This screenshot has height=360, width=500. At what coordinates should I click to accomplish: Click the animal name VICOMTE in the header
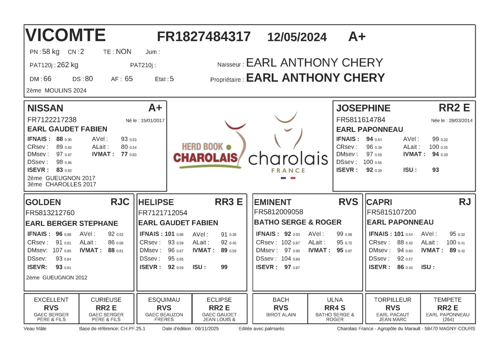pos(66,36)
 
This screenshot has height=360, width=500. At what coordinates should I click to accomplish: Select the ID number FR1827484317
pos(204,37)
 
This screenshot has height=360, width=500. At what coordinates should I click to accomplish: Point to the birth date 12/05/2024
pos(297,38)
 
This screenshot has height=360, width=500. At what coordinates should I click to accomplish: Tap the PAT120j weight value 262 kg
pos(68,65)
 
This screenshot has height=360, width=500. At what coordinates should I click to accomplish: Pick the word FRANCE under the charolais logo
pos(288,170)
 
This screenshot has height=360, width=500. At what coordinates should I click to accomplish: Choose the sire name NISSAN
pos(45,108)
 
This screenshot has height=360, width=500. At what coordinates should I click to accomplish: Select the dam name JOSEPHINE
pos(363,108)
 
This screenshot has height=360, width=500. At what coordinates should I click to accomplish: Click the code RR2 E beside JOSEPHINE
pos(454,108)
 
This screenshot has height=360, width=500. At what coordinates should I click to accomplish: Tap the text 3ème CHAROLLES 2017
pos(62,184)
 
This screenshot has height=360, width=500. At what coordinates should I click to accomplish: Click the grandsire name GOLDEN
pos(43,202)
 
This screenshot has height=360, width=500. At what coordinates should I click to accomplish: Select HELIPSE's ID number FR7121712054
pos(163,213)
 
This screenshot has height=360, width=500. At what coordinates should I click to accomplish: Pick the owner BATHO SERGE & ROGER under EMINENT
pos(298,222)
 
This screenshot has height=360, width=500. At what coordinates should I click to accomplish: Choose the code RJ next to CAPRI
pos(465,202)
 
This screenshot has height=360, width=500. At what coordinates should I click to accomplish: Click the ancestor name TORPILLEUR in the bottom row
pos(393,300)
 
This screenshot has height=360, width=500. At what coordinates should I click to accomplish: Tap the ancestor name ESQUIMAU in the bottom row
pos(164,300)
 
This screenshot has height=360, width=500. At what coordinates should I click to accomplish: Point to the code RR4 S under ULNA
pos(335,308)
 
